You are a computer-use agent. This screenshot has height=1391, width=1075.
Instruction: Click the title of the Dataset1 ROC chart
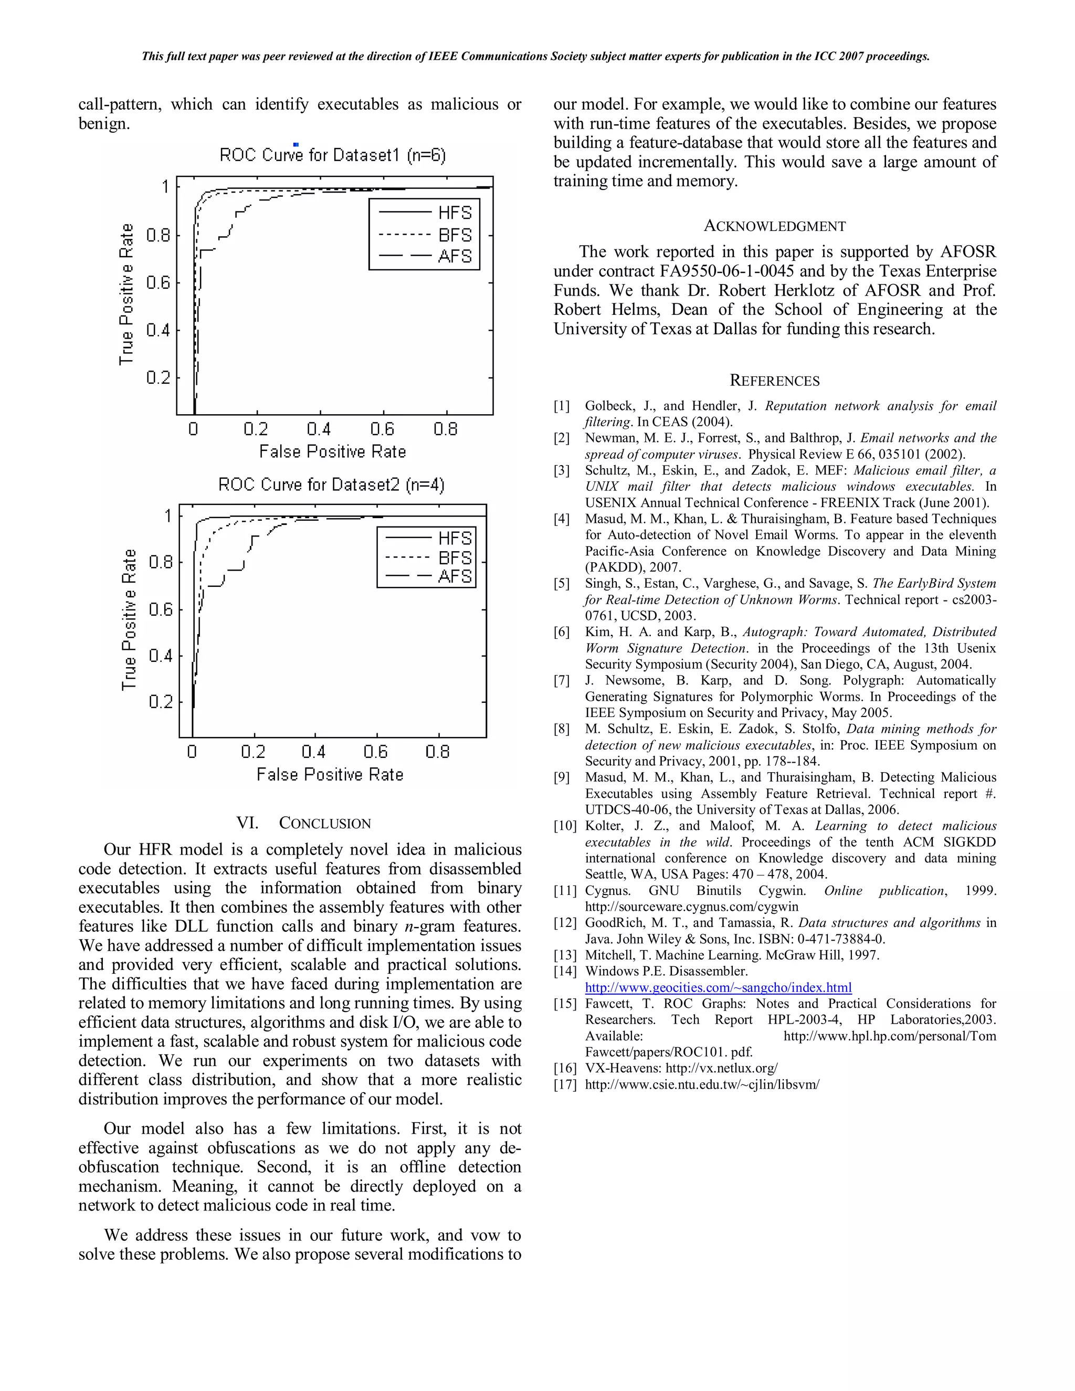[x=332, y=155]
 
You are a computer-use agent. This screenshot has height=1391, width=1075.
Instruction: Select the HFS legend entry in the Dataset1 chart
[x=455, y=213]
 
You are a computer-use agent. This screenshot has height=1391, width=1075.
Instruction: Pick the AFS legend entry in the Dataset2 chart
[x=455, y=576]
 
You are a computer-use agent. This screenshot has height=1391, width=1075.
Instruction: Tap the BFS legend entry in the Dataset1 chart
[x=455, y=235]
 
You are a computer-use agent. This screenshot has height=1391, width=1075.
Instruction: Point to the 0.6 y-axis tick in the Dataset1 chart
[x=159, y=282]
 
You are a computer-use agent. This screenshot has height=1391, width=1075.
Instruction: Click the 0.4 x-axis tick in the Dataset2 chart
[x=313, y=752]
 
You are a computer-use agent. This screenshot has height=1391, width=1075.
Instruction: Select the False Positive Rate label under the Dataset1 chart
[x=332, y=451]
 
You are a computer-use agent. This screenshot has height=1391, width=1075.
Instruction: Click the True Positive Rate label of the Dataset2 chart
[x=129, y=620]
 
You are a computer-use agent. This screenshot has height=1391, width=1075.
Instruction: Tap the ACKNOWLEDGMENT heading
[x=774, y=226]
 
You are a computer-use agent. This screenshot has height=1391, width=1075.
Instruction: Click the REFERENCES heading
[x=774, y=381]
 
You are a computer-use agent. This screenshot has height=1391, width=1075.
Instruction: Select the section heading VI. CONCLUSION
[x=303, y=823]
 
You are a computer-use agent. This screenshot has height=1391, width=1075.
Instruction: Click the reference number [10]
[x=564, y=826]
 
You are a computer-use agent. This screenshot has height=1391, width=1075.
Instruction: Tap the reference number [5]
[x=561, y=583]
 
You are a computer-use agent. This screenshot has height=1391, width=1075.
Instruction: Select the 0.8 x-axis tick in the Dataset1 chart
[x=445, y=429]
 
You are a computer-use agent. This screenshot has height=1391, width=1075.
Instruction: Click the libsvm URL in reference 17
[x=702, y=1084]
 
